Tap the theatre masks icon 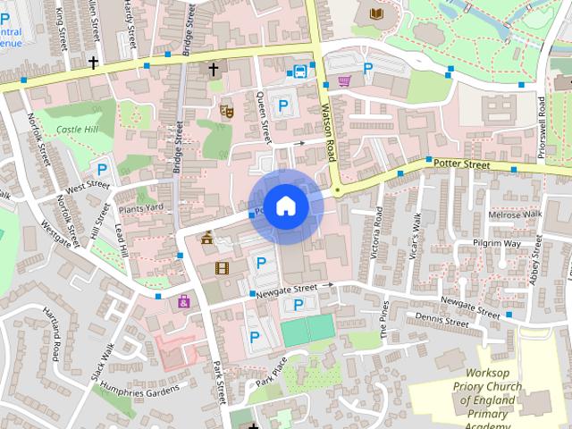tap(227, 112)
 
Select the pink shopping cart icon tap(345, 81)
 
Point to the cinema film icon tap(221, 267)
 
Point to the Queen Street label tap(265, 117)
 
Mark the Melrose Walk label tap(515, 215)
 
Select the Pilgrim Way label tap(498, 243)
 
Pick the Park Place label tap(269, 372)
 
